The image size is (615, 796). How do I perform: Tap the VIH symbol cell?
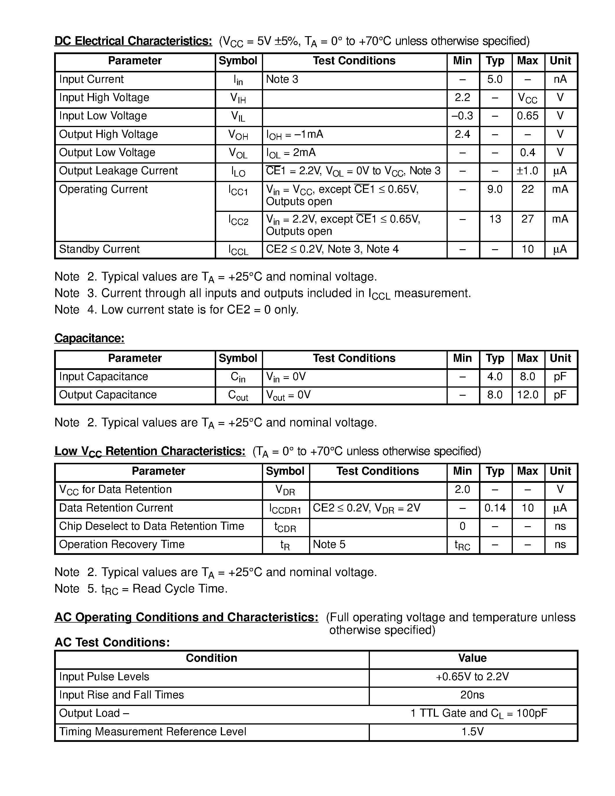(x=238, y=98)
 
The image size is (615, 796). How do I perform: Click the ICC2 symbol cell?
(x=238, y=220)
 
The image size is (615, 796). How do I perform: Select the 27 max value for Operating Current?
(x=527, y=219)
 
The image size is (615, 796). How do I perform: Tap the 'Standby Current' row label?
(x=99, y=249)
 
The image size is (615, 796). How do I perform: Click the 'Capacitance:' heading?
(x=89, y=338)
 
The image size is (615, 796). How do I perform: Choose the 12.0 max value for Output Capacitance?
(x=527, y=395)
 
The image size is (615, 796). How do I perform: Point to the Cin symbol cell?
(x=238, y=377)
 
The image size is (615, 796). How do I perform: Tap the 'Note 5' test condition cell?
(x=329, y=544)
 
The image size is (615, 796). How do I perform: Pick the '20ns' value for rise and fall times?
(x=472, y=695)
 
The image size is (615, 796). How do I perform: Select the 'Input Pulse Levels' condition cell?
(x=104, y=677)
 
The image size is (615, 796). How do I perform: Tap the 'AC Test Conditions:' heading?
(x=112, y=643)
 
